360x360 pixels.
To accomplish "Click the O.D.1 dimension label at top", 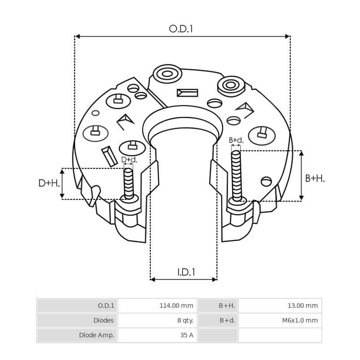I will click(181, 29).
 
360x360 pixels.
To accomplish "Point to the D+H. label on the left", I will click(48, 183).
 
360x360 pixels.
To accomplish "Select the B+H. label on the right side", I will click(315, 178).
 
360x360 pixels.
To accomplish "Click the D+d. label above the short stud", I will click(129, 160).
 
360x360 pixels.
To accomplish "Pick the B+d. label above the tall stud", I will click(236, 140).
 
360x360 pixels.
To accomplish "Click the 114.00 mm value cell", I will click(176, 306).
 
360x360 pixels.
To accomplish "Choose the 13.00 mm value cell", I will click(302, 306).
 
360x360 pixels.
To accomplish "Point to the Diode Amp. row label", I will click(96, 335).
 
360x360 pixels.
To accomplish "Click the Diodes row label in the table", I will click(103, 320).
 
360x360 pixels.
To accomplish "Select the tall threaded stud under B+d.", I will click(236, 175).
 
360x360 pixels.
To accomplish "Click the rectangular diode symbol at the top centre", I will click(187, 93).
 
